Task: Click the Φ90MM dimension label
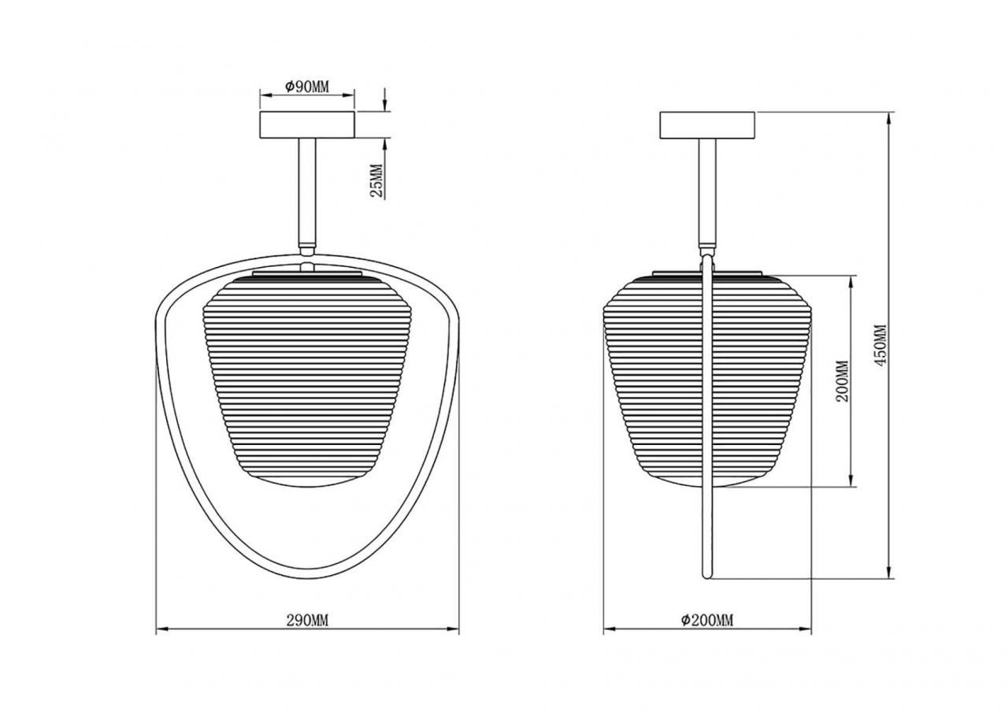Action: [307, 87]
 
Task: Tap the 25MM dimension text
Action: [376, 181]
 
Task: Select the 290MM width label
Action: [307, 621]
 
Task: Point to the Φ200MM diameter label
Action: [707, 621]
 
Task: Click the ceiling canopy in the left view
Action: [307, 124]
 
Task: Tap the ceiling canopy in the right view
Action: [707, 124]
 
